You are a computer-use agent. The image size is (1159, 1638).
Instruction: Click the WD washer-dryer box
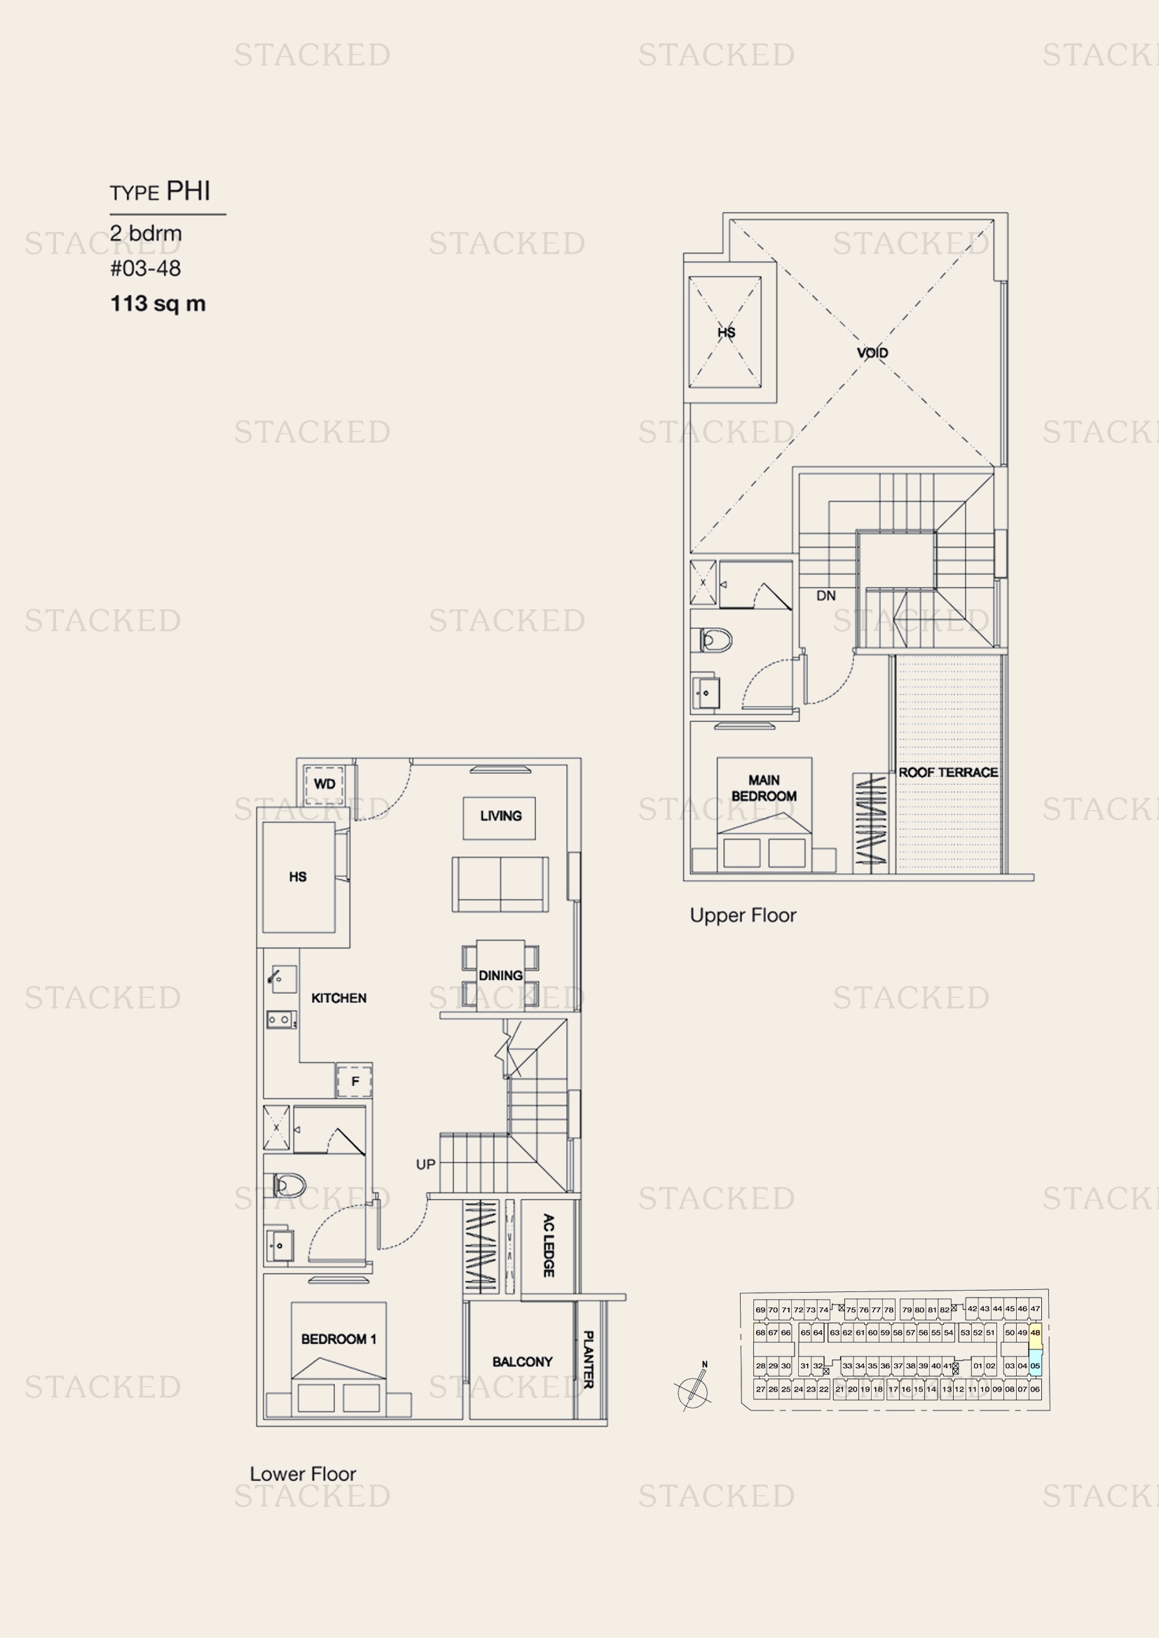(324, 784)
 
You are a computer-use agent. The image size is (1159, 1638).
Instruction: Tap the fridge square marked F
(355, 1081)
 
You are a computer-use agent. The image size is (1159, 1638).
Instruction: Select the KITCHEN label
(339, 998)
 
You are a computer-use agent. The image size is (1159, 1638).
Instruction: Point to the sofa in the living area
(500, 884)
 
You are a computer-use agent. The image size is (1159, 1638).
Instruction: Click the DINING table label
(500, 976)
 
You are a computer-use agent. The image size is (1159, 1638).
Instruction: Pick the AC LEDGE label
(548, 1245)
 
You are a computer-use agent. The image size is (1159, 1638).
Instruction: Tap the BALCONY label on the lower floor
(523, 1362)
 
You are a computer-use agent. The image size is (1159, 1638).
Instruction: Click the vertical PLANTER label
(588, 1359)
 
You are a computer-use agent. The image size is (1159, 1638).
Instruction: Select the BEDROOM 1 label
(338, 1339)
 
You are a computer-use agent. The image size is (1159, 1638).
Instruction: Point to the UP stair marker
(425, 1165)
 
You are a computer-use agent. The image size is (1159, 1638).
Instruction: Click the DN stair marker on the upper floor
(825, 596)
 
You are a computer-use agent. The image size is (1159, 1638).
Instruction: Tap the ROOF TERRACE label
(948, 772)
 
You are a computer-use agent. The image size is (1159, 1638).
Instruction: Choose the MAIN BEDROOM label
(764, 789)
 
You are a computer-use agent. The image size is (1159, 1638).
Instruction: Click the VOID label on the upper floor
(872, 352)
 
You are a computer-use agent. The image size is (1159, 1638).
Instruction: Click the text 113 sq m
(158, 304)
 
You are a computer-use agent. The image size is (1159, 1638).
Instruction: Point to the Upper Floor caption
(743, 915)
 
